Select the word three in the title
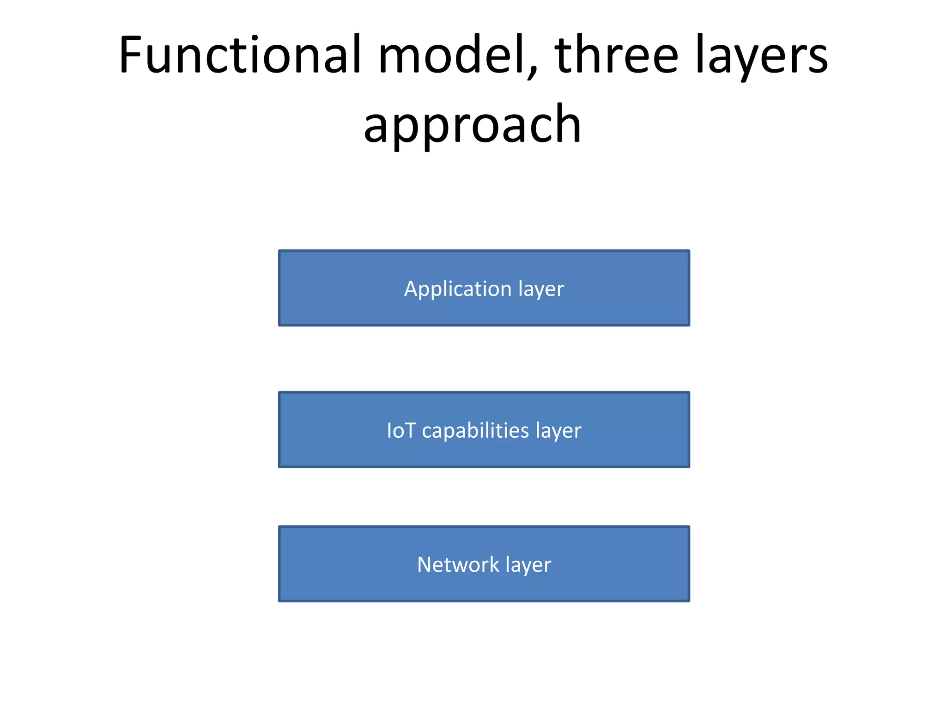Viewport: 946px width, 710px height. coord(617,55)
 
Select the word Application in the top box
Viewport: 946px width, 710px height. coord(457,289)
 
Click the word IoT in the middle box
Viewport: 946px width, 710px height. coord(401,430)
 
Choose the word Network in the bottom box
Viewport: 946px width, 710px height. coord(458,564)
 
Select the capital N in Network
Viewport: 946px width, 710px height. coord(424,564)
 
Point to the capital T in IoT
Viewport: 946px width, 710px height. coord(411,430)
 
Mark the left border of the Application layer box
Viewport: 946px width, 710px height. coord(279,288)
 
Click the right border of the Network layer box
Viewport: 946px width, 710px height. coord(689,564)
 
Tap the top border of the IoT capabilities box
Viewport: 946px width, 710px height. coord(484,392)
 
